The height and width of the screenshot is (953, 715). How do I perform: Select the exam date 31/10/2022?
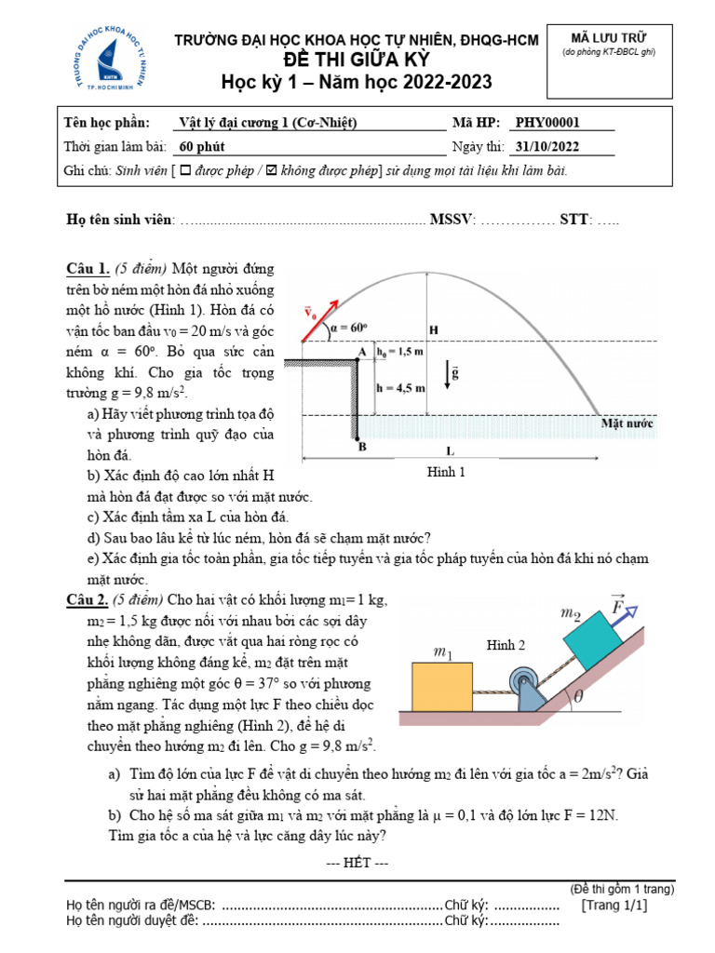[x=546, y=147]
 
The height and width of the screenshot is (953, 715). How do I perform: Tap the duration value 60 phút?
[x=202, y=147]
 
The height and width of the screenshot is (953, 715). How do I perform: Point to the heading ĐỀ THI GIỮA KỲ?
[x=357, y=60]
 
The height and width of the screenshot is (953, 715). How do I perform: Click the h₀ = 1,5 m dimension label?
[x=401, y=352]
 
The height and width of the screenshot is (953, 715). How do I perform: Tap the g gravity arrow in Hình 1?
[x=450, y=373]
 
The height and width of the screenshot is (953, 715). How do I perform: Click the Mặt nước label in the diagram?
[x=627, y=423]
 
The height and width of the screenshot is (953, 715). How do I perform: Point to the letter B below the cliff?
[x=362, y=448]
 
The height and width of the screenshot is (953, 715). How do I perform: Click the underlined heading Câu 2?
[x=88, y=600]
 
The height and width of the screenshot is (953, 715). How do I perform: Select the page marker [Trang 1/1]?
[x=614, y=905]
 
